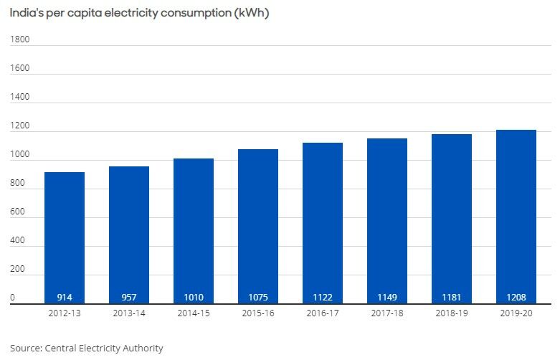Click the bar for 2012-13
tap(65, 237)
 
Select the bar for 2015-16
tap(258, 226)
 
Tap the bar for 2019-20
tap(516, 215)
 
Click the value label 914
tap(65, 297)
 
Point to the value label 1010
tap(194, 297)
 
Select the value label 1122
tap(323, 297)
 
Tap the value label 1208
tap(516, 297)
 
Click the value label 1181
tap(452, 297)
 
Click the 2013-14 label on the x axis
tap(129, 313)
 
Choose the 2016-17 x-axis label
tap(323, 313)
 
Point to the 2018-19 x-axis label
tap(452, 313)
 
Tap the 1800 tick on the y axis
tap(19, 39)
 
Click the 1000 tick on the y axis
tap(19, 155)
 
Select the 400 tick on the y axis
tap(17, 241)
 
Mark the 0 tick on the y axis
tap(12, 297)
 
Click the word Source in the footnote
tap(25, 349)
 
